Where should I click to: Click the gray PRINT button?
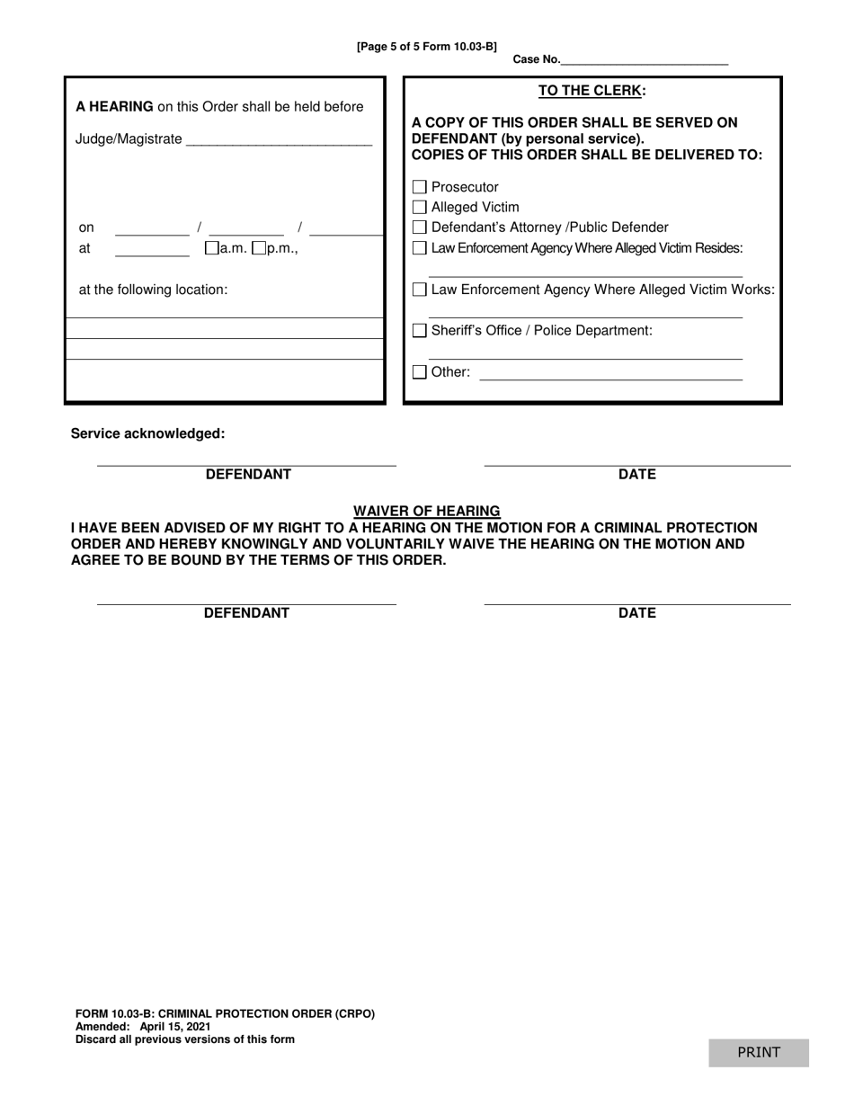[x=759, y=1052]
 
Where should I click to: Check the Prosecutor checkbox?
[x=420, y=187]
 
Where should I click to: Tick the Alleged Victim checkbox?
[x=420, y=207]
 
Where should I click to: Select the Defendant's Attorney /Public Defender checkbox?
[x=420, y=227]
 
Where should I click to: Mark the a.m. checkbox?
[x=212, y=248]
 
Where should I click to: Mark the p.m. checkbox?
[x=259, y=248]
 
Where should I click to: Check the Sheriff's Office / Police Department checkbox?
[x=420, y=331]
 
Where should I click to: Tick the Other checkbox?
[x=420, y=372]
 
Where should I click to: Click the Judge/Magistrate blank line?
[x=279, y=140]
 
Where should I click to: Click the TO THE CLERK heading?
[x=592, y=90]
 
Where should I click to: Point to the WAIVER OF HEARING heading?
[x=426, y=511]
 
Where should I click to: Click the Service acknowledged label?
[x=148, y=433]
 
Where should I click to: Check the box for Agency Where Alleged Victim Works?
[x=420, y=290]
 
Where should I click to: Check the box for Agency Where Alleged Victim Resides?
[x=420, y=248]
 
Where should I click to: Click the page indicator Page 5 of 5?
[x=426, y=47]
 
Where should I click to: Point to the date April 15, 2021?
[x=175, y=1026]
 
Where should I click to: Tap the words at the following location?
[x=154, y=290]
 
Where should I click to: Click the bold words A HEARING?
[x=114, y=106]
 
